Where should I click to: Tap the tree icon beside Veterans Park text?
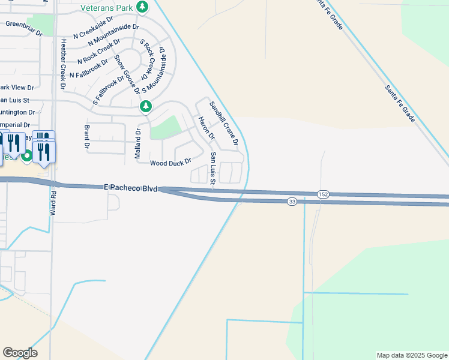tap(142, 7)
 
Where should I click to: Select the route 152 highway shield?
tap(323, 194)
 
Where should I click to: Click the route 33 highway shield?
tap(292, 201)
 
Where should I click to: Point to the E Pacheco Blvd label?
tap(130, 188)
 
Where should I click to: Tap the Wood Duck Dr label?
tap(170, 163)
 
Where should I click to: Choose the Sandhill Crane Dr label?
tap(224, 123)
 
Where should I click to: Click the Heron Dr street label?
tap(206, 128)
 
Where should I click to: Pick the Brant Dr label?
tap(86, 137)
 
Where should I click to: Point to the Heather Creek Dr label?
tap(63, 64)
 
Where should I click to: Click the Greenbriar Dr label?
tap(24, 28)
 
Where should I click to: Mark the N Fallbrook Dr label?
tap(88, 69)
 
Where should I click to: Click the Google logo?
tap(20, 353)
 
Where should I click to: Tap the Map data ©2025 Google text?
tap(411, 355)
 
